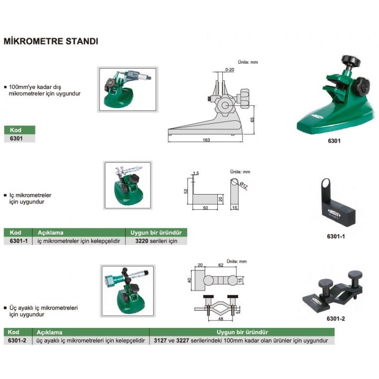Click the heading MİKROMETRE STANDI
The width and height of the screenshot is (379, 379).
pyautogui.click(x=51, y=41)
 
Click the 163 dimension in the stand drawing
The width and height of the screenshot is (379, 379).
pyautogui.click(x=206, y=140)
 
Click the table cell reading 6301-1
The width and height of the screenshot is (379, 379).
pyautogui.click(x=19, y=241)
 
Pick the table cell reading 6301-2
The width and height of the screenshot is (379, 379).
pyautogui.click(x=19, y=341)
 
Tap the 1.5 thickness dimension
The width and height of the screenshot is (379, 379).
pyautogui.click(x=196, y=173)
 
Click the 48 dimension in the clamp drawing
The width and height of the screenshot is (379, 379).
pyautogui.click(x=220, y=319)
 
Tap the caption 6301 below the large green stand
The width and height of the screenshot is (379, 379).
pyautogui.click(x=334, y=141)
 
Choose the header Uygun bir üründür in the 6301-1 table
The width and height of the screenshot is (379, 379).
pyautogui.click(x=156, y=232)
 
